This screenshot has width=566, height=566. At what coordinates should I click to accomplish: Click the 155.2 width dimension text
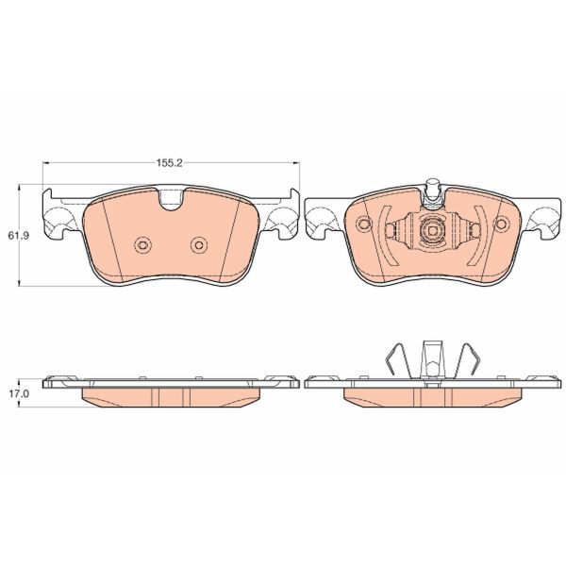click(x=169, y=163)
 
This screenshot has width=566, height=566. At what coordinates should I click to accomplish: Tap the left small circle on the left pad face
click(x=142, y=245)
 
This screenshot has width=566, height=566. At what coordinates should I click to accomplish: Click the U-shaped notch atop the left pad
click(x=171, y=198)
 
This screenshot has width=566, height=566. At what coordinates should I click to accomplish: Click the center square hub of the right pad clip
click(x=433, y=230)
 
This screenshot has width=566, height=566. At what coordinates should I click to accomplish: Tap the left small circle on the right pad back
click(x=364, y=224)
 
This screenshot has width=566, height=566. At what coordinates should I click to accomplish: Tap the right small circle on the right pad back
click(x=502, y=224)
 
